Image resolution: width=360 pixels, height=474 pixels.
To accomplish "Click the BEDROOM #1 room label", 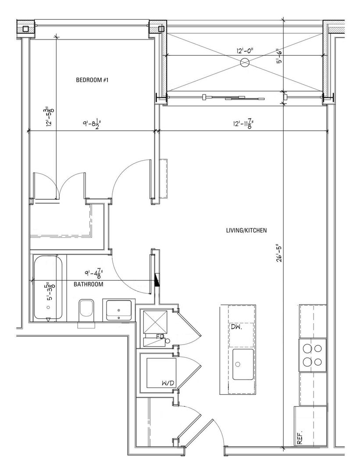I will pyautogui.click(x=92, y=80).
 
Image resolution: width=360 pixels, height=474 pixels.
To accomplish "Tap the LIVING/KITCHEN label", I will pyautogui.click(x=246, y=230).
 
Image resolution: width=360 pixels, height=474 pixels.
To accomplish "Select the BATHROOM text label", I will pyautogui.click(x=88, y=284).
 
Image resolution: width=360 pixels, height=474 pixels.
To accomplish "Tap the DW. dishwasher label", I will pyautogui.click(x=235, y=327).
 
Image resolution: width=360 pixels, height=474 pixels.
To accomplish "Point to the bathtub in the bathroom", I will pyautogui.click(x=48, y=287).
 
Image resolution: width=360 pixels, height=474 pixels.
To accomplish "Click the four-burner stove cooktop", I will pyautogui.click(x=313, y=355).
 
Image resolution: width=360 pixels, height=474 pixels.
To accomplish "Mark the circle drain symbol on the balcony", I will pyautogui.click(x=245, y=64).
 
